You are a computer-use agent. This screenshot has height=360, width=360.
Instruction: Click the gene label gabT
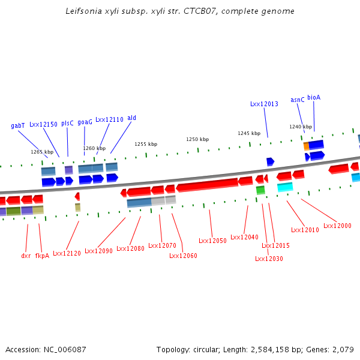click(x=18, y=126)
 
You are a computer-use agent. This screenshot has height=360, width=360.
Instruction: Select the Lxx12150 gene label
click(x=43, y=124)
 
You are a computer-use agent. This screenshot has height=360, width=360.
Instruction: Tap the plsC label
click(x=67, y=123)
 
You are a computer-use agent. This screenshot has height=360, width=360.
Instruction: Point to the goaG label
click(x=85, y=122)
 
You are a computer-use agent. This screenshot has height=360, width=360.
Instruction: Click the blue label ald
click(x=132, y=118)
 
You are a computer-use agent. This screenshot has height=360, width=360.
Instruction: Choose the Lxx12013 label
click(x=264, y=104)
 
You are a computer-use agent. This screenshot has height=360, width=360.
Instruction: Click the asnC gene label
click(x=298, y=100)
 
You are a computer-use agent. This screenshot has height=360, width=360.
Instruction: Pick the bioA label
click(x=314, y=97)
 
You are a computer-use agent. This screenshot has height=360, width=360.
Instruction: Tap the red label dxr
click(x=26, y=256)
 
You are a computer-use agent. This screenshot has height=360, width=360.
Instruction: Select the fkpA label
click(x=42, y=256)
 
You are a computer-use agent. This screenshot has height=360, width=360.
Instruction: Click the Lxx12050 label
click(x=212, y=241)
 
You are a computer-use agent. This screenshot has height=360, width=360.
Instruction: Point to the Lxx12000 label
click(x=337, y=226)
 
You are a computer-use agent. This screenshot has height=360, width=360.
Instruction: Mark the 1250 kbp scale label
click(x=197, y=139)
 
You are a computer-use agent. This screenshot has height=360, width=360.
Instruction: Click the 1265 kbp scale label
click(x=42, y=152)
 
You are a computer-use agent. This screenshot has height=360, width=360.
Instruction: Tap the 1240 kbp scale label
click(x=301, y=127)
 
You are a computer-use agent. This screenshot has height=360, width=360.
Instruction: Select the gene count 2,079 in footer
click(x=343, y=349)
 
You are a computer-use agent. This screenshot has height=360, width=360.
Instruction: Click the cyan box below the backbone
click(x=285, y=187)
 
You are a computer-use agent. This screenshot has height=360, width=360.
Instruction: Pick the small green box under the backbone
click(x=260, y=190)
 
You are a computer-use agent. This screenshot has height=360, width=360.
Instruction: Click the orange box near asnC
click(x=306, y=146)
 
